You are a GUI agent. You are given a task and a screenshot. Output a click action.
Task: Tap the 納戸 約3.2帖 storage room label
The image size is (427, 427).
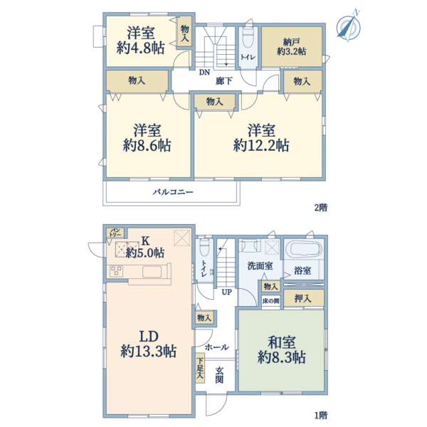coord(291,46)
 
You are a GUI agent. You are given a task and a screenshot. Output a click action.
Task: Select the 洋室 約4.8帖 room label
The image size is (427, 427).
coord(141,41)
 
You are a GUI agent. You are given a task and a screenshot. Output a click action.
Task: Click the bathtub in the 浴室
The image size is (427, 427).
coord(303,251)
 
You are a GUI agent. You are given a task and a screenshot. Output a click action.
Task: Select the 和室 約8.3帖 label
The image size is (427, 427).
coord(283,349)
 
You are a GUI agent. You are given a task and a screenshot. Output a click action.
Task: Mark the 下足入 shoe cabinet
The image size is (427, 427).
coord(200,368)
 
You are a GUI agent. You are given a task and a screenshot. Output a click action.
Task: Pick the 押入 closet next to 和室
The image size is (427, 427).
coord(302,298)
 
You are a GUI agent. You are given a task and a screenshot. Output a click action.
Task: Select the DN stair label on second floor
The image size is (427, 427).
coord(204,73)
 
